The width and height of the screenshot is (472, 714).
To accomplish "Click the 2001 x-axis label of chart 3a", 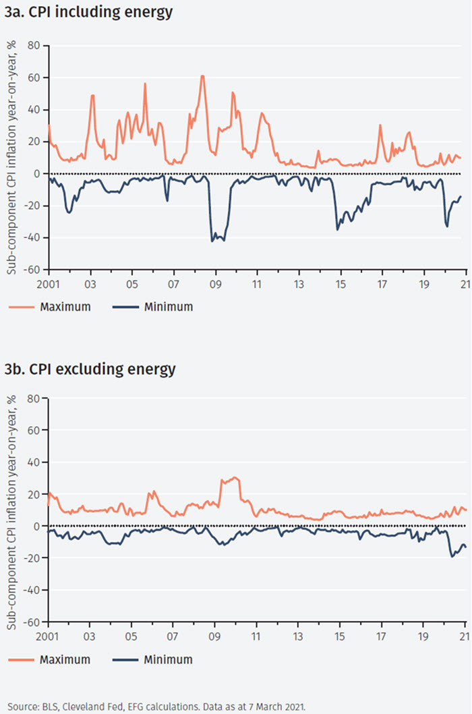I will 48,284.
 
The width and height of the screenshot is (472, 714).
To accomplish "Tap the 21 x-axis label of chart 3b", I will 465,636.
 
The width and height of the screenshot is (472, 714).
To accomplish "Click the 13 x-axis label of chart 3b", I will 299,636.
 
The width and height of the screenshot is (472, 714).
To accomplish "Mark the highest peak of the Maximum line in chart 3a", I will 202,76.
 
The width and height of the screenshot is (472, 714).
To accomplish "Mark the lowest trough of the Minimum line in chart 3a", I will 212,241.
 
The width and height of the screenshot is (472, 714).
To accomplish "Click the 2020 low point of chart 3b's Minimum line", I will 452,556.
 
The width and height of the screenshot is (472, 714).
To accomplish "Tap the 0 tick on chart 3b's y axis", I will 38,526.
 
